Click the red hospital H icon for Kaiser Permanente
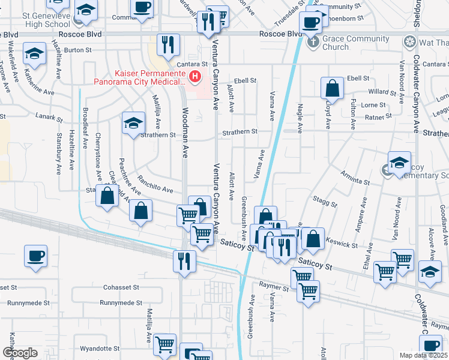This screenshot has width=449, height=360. (194, 76)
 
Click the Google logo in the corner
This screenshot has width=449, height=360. (20, 353)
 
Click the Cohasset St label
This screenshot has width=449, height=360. (121, 287)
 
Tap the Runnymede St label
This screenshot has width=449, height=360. (121, 303)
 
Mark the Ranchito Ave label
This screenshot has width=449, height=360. (155, 185)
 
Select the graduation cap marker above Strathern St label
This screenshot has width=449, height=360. (133, 123)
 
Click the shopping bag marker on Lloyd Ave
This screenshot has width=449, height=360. (332, 89)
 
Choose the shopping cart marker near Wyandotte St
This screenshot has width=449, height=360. (164, 344)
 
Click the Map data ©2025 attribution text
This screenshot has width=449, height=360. (424, 355)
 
